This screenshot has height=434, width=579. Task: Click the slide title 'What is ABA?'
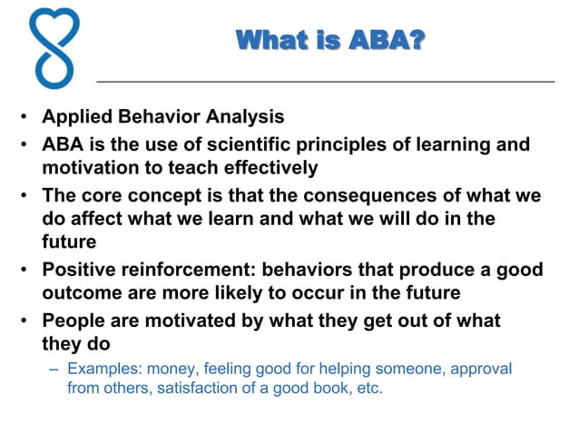(329, 41)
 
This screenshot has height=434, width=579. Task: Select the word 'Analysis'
(245, 117)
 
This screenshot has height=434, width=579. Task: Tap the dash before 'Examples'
(54, 370)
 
